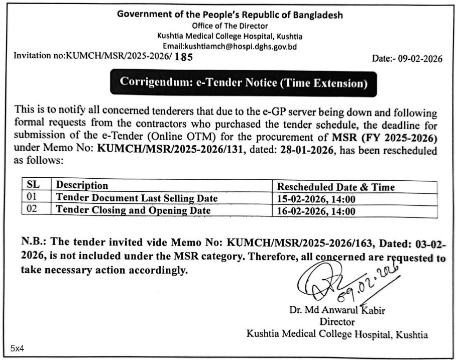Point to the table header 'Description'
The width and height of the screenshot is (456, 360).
82,186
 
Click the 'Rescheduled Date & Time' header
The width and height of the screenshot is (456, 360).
336,187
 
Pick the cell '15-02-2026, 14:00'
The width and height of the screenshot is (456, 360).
316,199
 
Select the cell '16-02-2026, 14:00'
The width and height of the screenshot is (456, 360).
316,211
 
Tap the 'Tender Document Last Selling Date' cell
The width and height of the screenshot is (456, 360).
137,198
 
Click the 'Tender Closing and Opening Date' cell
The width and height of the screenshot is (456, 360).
133,210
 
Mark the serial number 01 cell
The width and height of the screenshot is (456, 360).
32,198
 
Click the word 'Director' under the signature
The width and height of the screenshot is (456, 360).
337,322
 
